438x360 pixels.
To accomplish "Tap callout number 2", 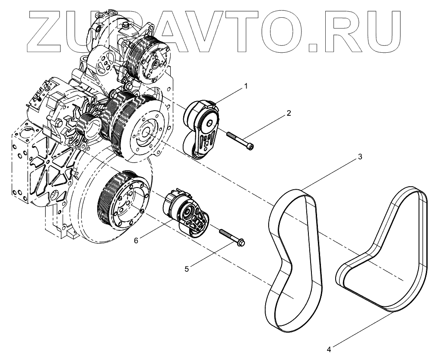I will pos(289,114).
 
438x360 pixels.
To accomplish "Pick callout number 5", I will pos(187,268).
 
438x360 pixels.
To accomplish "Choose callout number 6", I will pos(136,240).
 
